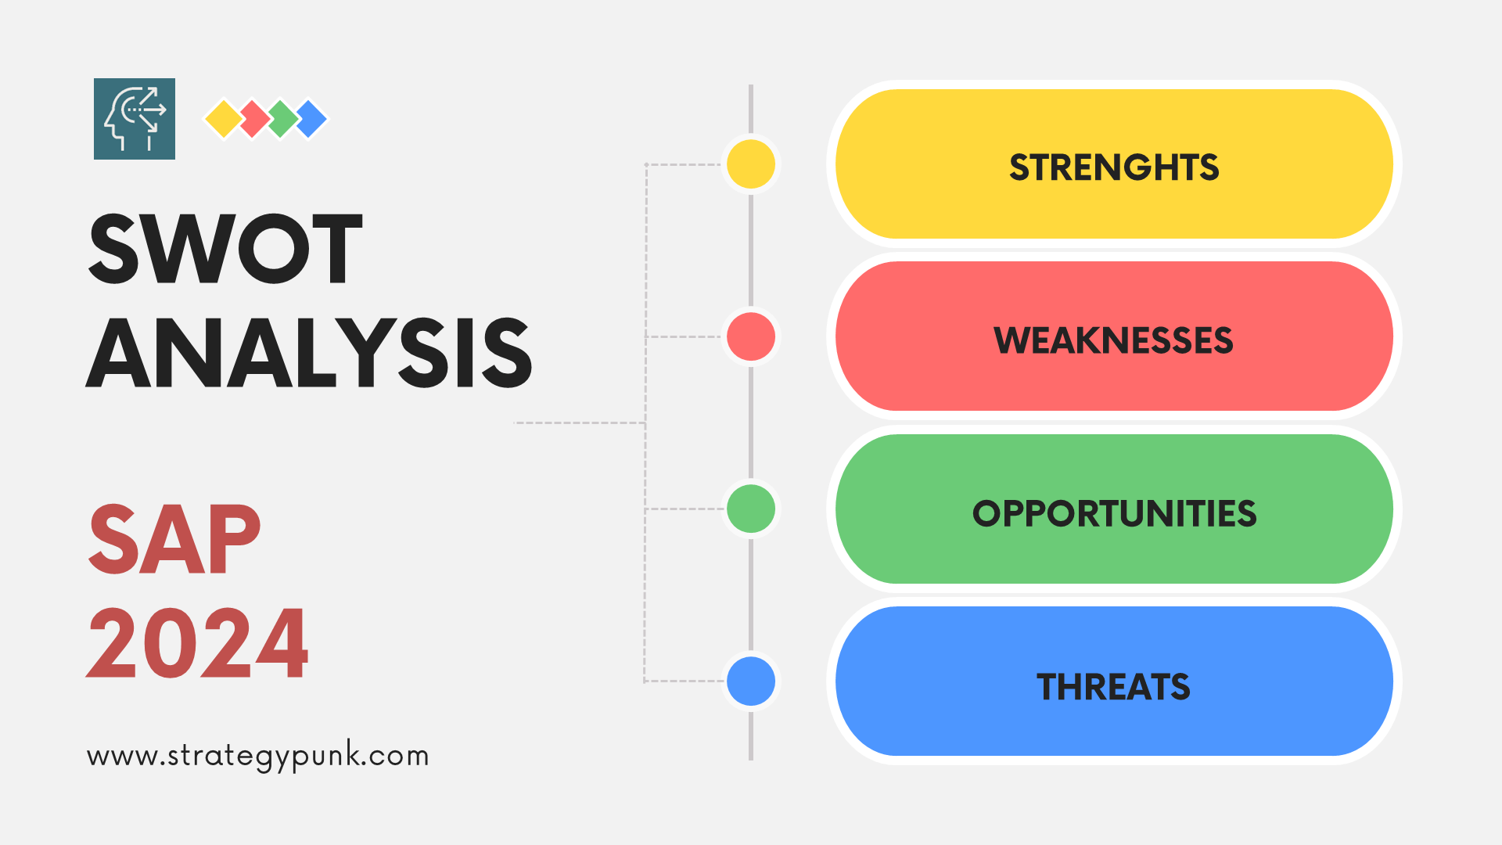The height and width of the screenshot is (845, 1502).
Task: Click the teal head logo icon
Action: [x=135, y=119]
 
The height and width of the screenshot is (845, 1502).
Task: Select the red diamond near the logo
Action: [x=253, y=119]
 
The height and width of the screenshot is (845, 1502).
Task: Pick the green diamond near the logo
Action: [x=282, y=119]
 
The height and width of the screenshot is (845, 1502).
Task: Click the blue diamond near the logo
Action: [x=311, y=119]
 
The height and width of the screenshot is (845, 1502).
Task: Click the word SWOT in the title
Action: [x=225, y=249]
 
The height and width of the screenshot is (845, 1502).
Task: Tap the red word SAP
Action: [x=174, y=539]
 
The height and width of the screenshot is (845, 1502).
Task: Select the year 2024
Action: [x=197, y=643]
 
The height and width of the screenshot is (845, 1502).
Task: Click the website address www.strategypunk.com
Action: [x=258, y=757]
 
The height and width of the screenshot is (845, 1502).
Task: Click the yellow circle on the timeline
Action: [x=751, y=164]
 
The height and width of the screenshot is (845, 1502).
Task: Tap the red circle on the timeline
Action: [x=751, y=336]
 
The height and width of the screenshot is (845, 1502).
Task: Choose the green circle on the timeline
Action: [x=751, y=509]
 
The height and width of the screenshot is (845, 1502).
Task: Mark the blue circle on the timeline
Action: [x=751, y=681]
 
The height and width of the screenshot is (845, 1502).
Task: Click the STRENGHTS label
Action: [x=1114, y=167]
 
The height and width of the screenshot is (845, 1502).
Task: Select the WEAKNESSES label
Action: [x=1113, y=340]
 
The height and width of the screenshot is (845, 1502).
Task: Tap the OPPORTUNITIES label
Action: [x=1114, y=514]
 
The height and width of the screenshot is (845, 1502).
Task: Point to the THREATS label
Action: [x=1113, y=687]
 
